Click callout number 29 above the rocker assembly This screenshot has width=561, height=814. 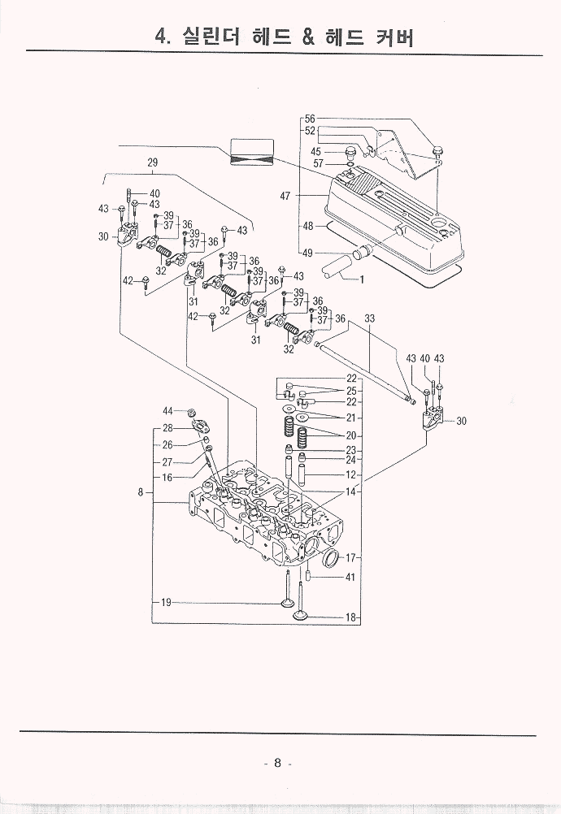coord(152,162)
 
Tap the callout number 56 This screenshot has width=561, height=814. coord(310,119)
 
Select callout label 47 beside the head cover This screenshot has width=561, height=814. coord(285,196)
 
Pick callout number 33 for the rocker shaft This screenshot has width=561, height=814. coord(369,318)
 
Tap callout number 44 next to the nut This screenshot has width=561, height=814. coord(167,411)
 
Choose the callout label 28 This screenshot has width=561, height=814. coord(167,428)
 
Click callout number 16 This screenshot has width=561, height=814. coord(167,478)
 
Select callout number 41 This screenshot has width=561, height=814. coord(350,578)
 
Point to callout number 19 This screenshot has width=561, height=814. coord(165,603)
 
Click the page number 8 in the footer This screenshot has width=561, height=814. coord(277,763)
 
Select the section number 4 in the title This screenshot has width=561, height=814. coord(161,36)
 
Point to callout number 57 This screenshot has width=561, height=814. coord(318,163)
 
